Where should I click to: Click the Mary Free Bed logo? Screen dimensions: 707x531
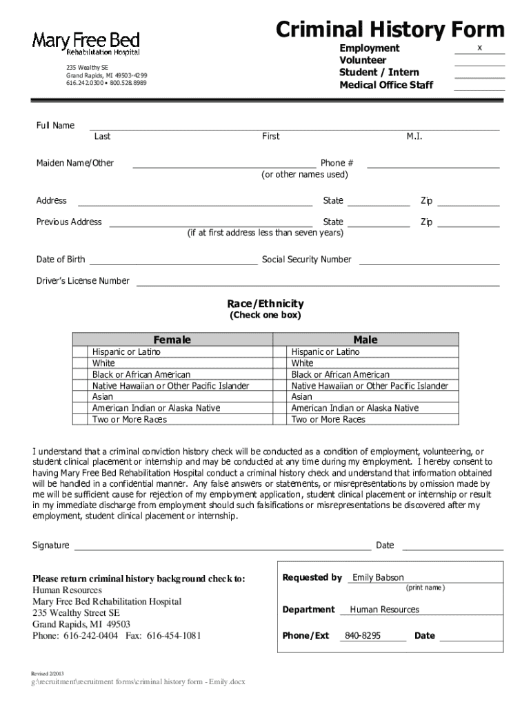(x=86, y=43)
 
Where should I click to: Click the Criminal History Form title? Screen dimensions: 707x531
(x=390, y=30)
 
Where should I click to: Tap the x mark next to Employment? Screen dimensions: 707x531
(x=479, y=47)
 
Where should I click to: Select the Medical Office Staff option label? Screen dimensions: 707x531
(x=386, y=85)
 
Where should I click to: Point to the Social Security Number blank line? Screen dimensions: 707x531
(x=429, y=263)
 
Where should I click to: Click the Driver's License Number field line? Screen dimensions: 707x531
(x=317, y=284)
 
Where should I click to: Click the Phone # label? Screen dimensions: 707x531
(x=337, y=163)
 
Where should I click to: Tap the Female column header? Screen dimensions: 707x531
(x=172, y=340)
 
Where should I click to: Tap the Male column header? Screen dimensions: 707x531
(x=365, y=340)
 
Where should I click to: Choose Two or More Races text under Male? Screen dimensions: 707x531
(x=328, y=419)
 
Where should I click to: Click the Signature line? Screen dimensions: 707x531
(x=222, y=548)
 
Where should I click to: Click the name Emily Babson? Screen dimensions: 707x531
(x=378, y=577)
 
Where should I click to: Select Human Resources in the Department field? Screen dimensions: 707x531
(x=384, y=610)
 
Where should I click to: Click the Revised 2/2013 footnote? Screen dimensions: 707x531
(x=49, y=672)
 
